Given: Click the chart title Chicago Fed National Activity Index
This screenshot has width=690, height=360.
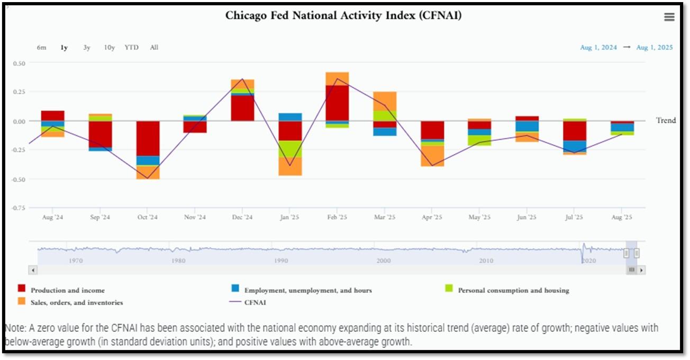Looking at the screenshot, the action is [343, 15].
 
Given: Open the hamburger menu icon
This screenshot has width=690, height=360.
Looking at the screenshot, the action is [669, 17].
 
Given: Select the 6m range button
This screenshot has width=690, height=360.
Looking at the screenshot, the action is [42, 48].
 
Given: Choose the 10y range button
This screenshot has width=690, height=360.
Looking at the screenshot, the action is [110, 48].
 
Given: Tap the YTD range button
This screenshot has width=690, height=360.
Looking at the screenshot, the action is [132, 48].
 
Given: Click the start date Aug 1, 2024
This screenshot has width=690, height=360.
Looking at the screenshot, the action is [598, 48].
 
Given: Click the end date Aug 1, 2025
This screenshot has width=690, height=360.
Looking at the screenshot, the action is [655, 48].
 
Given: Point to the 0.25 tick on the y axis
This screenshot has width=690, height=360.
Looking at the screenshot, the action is [19, 92].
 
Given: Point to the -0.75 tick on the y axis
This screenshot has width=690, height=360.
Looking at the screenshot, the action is [19, 208].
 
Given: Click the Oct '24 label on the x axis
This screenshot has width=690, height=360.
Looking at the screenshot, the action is [147, 217].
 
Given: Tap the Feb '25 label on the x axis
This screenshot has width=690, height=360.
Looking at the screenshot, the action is [337, 217].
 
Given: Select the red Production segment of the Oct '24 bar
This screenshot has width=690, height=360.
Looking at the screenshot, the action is [148, 138].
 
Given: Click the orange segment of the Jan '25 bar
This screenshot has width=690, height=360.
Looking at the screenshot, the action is [290, 166].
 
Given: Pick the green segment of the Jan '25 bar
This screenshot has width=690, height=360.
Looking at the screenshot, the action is [290, 149].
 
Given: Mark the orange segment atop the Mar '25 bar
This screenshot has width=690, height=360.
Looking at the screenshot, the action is [385, 101].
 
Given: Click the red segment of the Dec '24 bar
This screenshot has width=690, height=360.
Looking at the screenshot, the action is [243, 108].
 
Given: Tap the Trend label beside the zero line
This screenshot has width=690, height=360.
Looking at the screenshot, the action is [666, 121].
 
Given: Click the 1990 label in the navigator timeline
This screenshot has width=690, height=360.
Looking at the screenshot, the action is [281, 261].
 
